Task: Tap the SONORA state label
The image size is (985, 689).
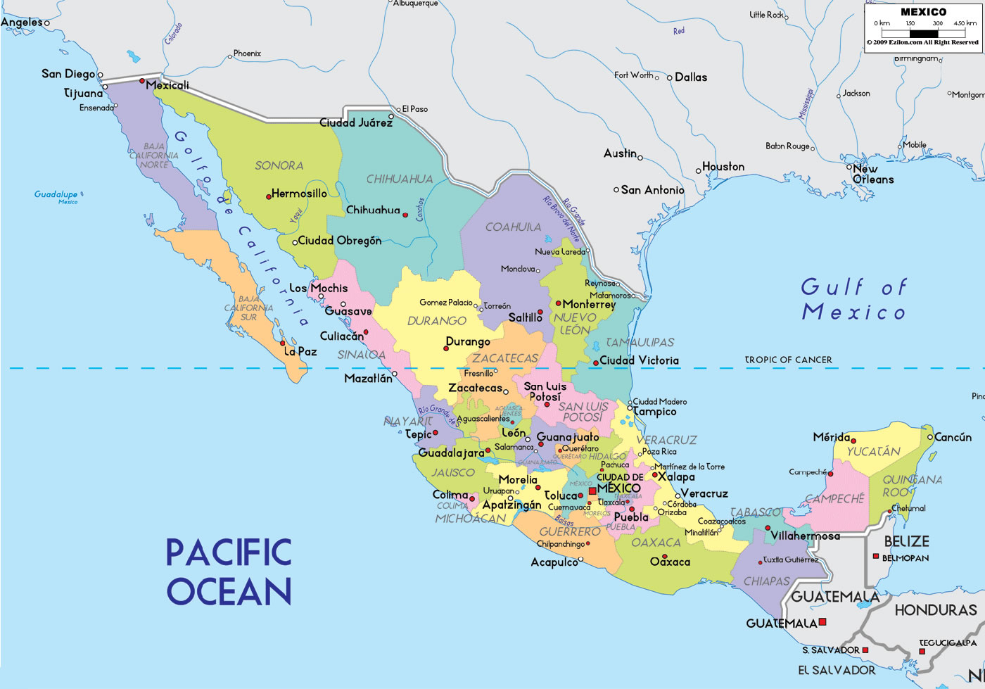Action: [279, 165]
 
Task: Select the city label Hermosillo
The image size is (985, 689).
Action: [299, 194]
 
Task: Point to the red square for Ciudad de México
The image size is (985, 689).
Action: [592, 491]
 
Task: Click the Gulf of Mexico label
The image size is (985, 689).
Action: [854, 299]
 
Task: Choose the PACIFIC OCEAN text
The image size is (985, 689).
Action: [229, 571]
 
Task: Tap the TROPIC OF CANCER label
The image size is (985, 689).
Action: [788, 360]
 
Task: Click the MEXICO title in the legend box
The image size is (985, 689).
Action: [923, 12]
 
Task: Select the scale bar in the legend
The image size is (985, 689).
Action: [924, 33]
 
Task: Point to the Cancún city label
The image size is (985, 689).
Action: [953, 437]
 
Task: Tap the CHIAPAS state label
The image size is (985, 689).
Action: [767, 581]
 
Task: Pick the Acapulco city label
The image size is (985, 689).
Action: [554, 562]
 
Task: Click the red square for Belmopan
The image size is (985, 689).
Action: [876, 556]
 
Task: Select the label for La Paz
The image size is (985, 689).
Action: [300, 351]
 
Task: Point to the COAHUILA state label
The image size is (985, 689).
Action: [513, 227]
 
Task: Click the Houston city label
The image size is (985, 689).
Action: [723, 167]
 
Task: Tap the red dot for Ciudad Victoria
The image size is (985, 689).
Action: [595, 363]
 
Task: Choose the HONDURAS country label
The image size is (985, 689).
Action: [935, 609]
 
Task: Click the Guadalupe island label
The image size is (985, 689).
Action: [56, 194]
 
